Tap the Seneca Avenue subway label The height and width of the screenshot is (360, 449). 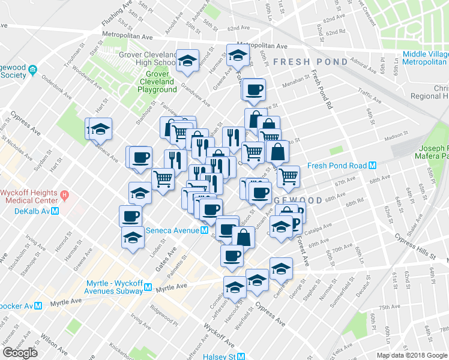[x=173, y=230]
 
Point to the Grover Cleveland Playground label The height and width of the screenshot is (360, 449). [x=157, y=82]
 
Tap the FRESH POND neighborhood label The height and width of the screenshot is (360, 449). [x=310, y=62]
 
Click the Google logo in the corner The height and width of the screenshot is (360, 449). [x=20, y=353]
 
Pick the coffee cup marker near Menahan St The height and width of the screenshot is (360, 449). [x=254, y=90]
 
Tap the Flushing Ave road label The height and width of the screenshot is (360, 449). [x=117, y=14]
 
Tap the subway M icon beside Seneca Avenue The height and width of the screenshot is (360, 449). [x=205, y=230]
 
